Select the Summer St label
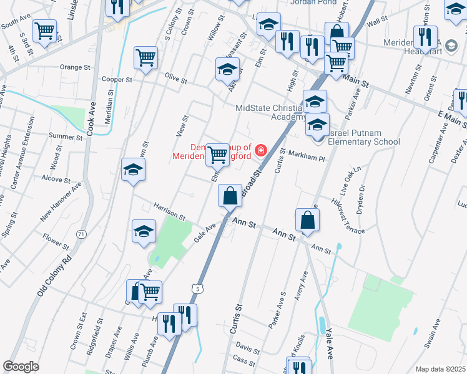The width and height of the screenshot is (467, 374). pos(66,137)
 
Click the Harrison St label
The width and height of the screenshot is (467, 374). pos(170,212)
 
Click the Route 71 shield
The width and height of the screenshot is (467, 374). pos(81,234)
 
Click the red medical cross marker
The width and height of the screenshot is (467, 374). pos(259,150)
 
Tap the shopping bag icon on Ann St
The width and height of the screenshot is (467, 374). pos(308,220)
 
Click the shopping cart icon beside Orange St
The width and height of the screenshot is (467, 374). pos(145,58)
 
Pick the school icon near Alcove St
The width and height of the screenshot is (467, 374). pos(133,170)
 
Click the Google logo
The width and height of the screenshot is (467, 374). pos(21,367)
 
